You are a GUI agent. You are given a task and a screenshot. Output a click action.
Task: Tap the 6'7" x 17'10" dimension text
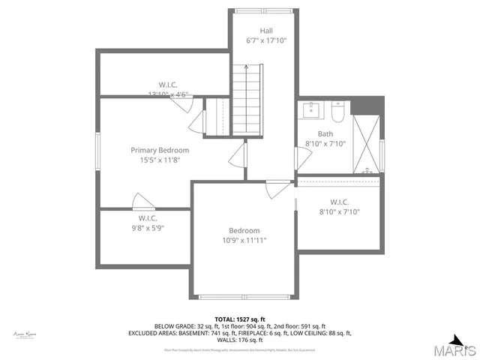point(261,40)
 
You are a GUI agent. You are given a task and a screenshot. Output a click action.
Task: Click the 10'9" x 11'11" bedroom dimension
point(244,241)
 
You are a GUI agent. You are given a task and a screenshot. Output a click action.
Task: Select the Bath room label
point(325,134)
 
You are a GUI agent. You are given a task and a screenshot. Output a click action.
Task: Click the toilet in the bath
point(337,112)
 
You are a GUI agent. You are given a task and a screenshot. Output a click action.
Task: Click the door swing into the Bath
point(302,158)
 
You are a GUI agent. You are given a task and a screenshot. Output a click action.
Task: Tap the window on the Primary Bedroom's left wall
point(97,154)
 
